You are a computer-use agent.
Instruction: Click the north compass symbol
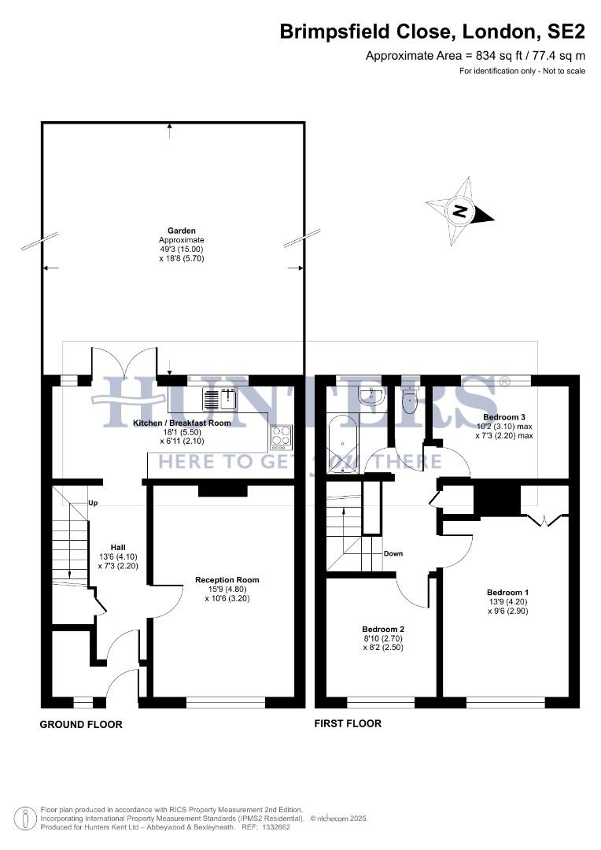[460, 211]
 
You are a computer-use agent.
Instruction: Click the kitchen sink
[219, 400]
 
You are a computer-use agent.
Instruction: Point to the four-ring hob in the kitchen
[282, 436]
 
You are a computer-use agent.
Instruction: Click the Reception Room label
[227, 580]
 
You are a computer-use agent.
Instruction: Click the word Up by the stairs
[93, 503]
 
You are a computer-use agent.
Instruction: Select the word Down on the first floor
[393, 553]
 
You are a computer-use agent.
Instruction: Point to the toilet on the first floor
[410, 401]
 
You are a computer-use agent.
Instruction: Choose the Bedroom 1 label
[507, 593]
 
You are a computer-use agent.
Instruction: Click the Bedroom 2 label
[383, 629]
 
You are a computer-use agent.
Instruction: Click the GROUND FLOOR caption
[81, 724]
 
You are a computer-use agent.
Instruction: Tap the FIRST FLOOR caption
[348, 723]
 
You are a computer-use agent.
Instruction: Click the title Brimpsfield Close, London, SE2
[433, 32]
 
